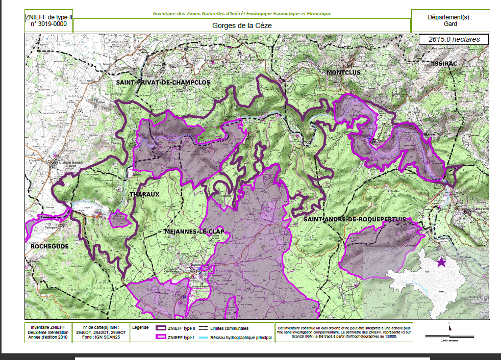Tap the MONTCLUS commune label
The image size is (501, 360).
(344, 72)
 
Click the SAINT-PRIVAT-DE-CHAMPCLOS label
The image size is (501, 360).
(163, 82)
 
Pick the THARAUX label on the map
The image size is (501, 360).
(145, 194)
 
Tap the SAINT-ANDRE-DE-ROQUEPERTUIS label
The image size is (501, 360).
(355, 219)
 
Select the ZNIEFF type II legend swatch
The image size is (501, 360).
(161, 328)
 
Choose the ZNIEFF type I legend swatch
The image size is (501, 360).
(161, 337)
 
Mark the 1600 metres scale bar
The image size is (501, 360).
(449, 337)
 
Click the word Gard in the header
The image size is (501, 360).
(450, 23)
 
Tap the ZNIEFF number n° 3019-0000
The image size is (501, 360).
(49, 23)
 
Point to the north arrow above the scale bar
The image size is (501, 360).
(449, 327)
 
